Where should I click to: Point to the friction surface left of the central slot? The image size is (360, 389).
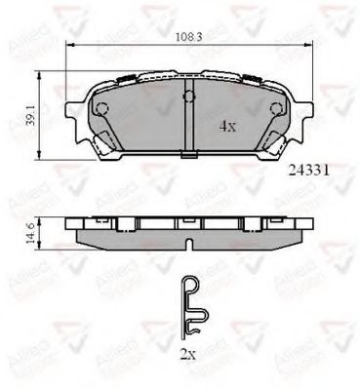click(x=137, y=122)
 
